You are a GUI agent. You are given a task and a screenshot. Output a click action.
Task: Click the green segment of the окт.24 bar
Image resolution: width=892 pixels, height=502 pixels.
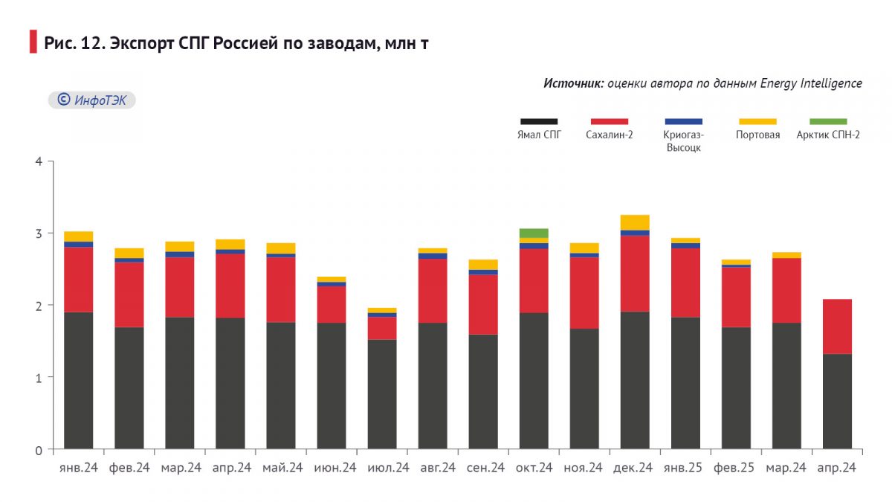point(534,233)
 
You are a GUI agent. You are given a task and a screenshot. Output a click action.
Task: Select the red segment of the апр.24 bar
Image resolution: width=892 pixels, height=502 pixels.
point(837,326)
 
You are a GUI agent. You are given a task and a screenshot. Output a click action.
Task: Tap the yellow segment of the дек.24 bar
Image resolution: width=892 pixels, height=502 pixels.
point(635,222)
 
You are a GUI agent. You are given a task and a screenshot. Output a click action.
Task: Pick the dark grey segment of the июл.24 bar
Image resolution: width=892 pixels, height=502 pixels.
point(382,394)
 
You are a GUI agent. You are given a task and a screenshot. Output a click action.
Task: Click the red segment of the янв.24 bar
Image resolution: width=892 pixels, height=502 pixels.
point(79,279)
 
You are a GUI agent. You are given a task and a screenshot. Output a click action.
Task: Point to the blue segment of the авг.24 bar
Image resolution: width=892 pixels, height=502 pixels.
point(433,256)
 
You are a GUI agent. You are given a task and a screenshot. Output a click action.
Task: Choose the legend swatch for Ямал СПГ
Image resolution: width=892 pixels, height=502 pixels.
point(539,121)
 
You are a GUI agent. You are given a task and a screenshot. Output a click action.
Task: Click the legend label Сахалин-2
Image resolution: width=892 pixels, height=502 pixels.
point(609,135)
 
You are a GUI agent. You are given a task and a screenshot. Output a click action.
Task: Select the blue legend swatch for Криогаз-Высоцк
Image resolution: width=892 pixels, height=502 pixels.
point(683,121)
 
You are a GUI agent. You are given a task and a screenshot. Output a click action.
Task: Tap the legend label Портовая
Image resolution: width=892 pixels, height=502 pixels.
point(757,135)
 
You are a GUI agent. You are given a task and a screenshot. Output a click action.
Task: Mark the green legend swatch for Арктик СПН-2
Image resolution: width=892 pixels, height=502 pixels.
point(827,121)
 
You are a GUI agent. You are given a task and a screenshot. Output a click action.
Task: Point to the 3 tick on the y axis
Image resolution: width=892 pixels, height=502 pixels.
point(39,234)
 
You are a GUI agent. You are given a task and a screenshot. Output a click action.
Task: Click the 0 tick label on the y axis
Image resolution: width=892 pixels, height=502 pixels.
point(39,450)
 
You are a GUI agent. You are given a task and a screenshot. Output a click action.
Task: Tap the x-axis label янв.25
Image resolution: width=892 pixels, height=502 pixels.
point(685,468)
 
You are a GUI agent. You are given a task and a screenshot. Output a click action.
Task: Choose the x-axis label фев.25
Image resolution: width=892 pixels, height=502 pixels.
point(736,468)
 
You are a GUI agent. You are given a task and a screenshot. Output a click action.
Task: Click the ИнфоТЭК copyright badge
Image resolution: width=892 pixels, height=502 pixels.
point(92,100)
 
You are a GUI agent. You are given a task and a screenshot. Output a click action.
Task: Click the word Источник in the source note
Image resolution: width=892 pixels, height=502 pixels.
point(573,83)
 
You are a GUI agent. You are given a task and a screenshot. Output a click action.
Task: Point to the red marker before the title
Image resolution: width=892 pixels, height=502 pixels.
point(33,42)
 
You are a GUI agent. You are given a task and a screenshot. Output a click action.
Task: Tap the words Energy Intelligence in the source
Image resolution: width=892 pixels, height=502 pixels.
point(811,83)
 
